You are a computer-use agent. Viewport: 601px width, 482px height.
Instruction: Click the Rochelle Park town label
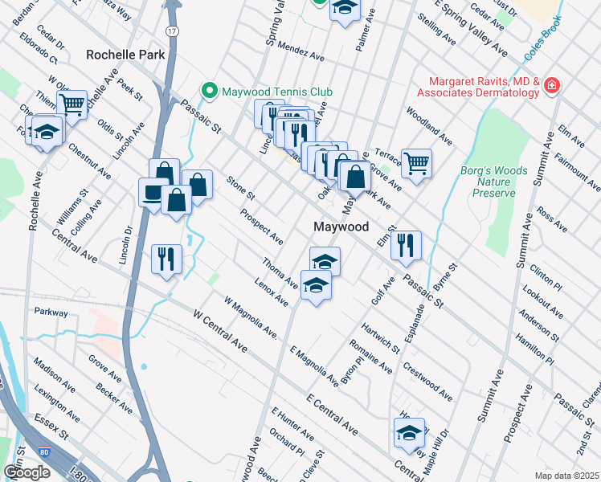tap(125, 55)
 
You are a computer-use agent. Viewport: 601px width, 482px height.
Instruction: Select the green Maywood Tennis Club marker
tap(211, 90)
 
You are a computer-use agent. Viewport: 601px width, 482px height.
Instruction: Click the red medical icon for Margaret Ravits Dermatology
tap(551, 85)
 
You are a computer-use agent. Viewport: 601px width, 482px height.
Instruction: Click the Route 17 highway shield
tap(171, 30)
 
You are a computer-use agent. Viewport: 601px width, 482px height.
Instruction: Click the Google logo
tap(27, 472)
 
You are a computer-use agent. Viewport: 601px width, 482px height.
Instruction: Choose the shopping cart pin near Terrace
tap(416, 164)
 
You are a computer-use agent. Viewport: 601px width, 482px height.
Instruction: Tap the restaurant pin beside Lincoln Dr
tap(167, 259)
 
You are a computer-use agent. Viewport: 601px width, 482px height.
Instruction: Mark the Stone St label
tap(241, 189)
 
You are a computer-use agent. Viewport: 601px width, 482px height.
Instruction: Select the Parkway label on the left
tap(50, 312)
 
